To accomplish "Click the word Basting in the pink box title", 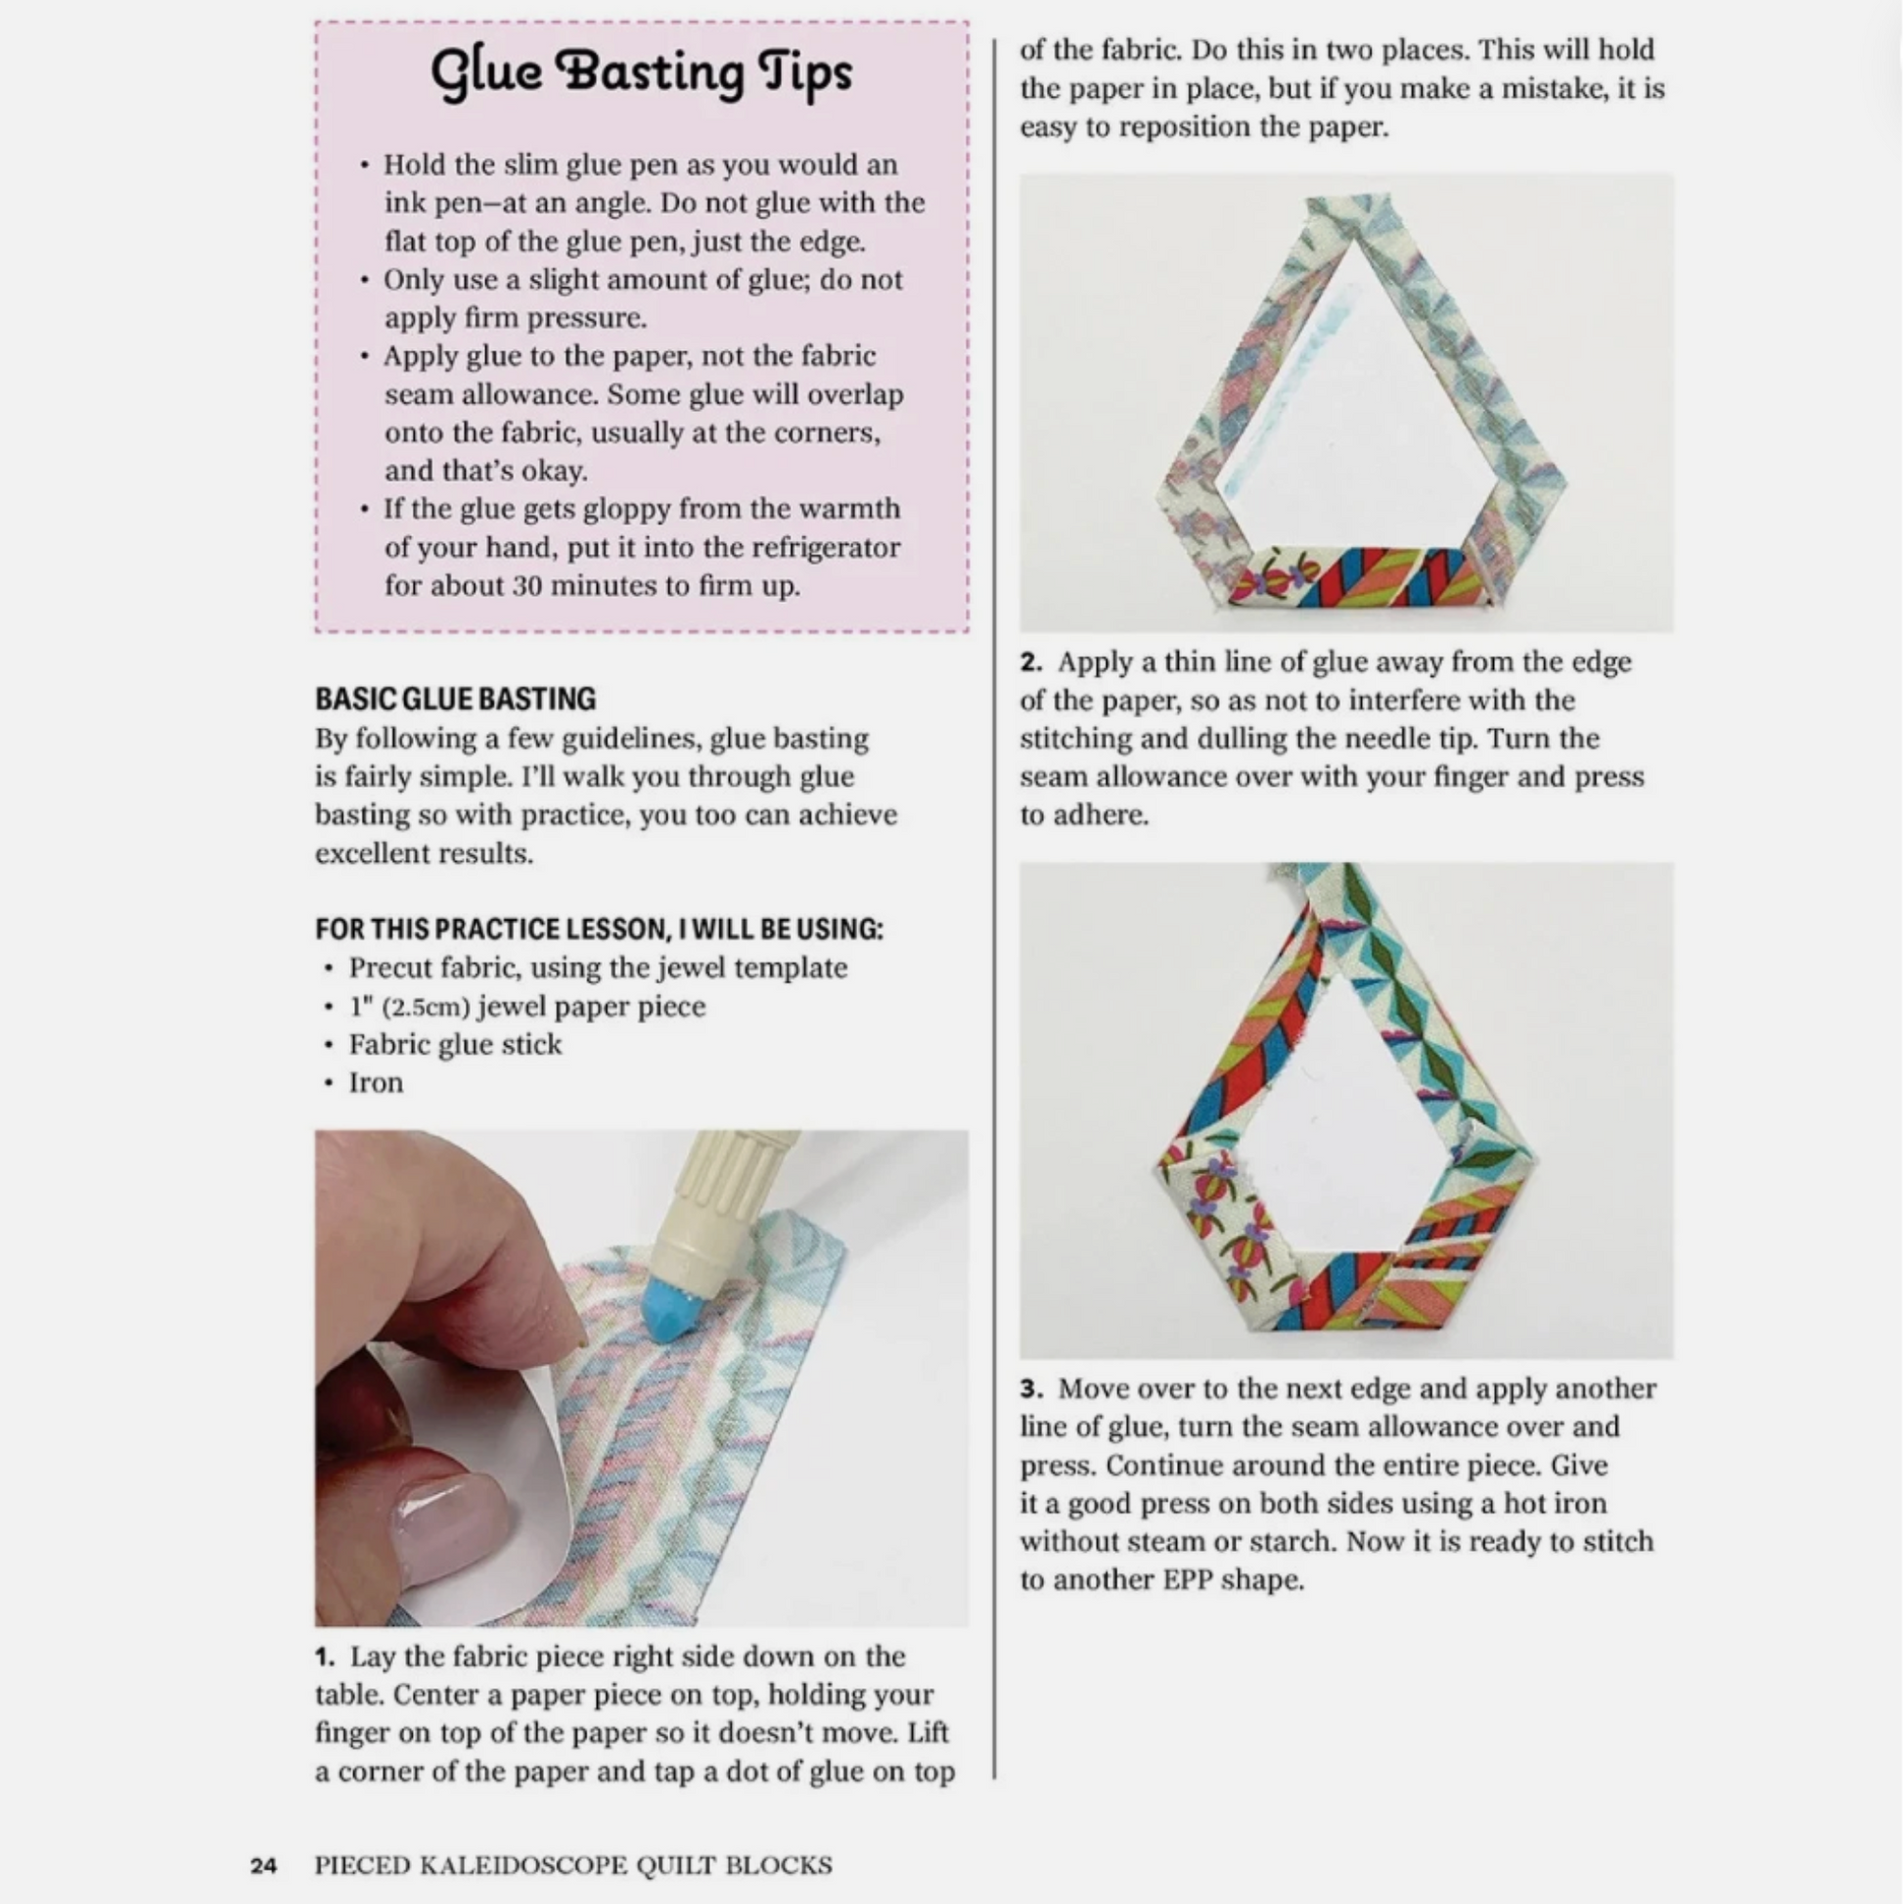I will [x=648, y=73].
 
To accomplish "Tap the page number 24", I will [x=263, y=1866].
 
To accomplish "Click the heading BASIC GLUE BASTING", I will [x=455, y=699].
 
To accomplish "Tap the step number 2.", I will [x=1031, y=662].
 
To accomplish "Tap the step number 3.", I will [x=1031, y=1388].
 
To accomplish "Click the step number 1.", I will [x=325, y=1656].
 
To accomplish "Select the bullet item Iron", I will [x=376, y=1083].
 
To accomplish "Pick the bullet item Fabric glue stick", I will [x=454, y=1045].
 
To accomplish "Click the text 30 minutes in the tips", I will [x=587, y=586].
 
